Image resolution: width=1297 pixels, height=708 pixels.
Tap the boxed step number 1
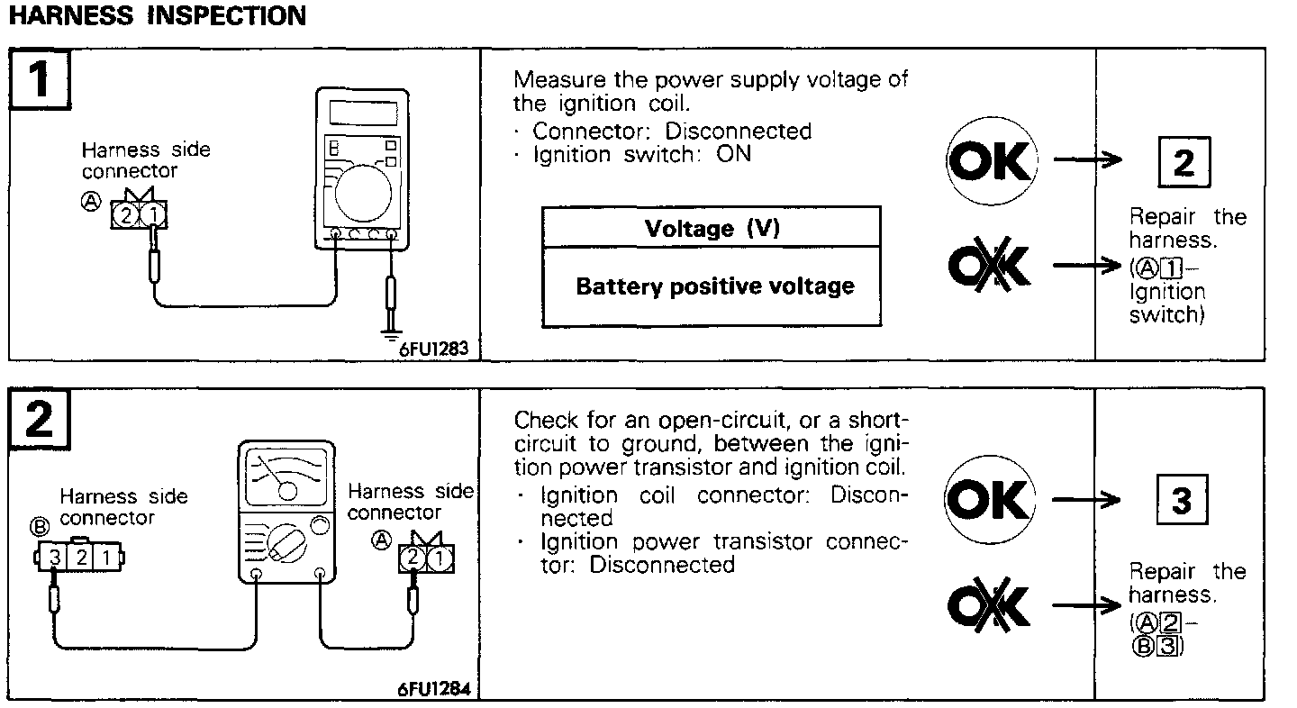[41, 80]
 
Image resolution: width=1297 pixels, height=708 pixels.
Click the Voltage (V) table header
[712, 228]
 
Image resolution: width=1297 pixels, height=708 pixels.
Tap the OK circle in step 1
[991, 163]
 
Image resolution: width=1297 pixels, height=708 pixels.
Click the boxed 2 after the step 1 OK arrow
[1183, 163]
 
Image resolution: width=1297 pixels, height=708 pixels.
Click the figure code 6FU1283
[434, 349]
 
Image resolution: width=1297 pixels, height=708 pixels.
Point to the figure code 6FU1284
[436, 691]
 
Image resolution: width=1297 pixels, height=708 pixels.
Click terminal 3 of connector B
[55, 558]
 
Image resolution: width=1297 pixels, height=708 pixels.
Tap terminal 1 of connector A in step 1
[154, 214]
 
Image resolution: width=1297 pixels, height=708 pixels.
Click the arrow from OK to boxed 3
[1087, 501]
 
